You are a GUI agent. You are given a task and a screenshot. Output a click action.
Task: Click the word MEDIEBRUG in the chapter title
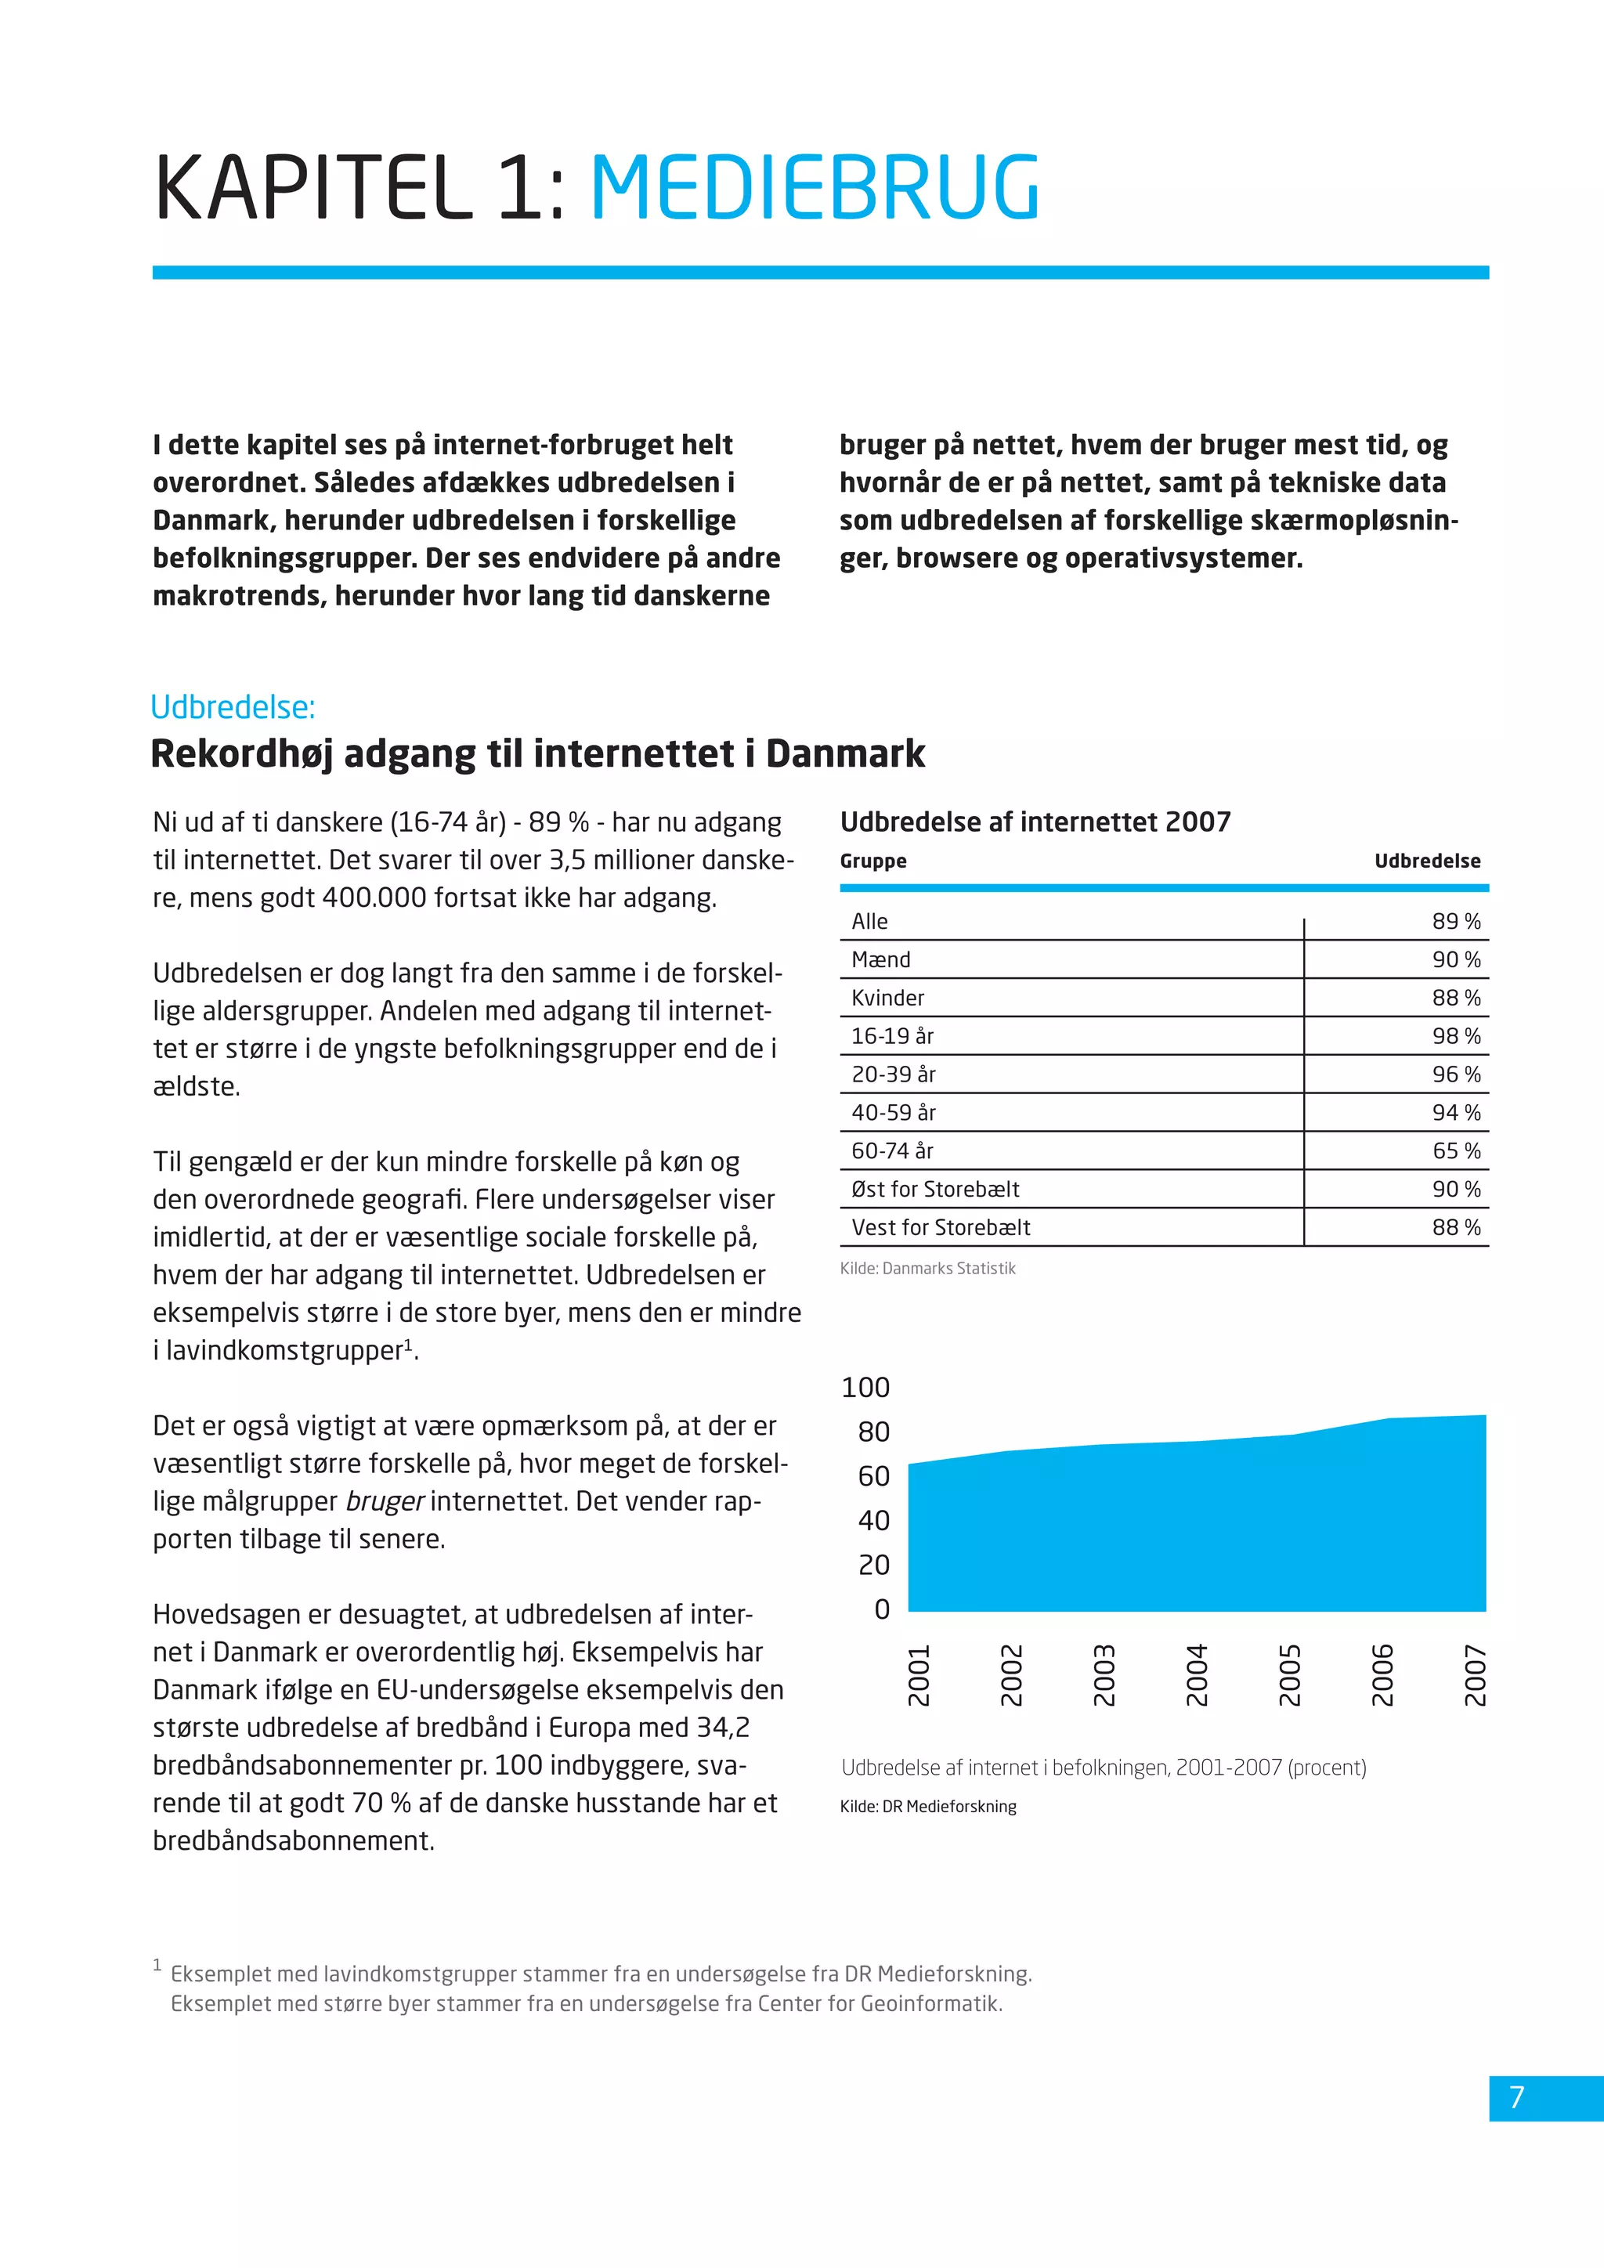pos(815,188)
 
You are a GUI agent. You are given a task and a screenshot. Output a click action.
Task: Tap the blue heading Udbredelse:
pos(233,707)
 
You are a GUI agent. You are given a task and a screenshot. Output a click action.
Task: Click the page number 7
pos(1517,2096)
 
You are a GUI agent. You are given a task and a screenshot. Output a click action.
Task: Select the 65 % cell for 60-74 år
pos(1456,1150)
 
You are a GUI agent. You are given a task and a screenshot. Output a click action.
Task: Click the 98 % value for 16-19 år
pos(1456,1036)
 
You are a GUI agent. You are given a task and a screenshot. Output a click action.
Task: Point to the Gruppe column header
pos(873,861)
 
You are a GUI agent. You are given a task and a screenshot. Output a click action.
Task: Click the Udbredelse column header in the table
pos(1427,861)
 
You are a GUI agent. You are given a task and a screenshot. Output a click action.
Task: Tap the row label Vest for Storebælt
pos(941,1228)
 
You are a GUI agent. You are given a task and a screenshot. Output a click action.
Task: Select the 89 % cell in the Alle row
pos(1456,922)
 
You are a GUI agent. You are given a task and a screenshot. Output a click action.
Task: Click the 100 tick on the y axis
pos(865,1388)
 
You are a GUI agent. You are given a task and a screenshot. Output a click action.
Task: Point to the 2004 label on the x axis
pos(1196,1675)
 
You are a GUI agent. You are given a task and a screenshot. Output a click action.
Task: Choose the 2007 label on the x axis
pos(1475,1675)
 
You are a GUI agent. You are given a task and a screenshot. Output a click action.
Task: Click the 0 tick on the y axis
pos(882,1609)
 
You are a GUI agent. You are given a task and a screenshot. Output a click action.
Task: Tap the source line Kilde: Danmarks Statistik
pos(927,1269)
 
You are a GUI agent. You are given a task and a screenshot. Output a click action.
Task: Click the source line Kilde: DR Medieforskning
pos(927,1807)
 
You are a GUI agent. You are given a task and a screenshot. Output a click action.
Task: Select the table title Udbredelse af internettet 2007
pos(1035,822)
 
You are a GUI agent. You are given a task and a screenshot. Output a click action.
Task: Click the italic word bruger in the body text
pos(385,1501)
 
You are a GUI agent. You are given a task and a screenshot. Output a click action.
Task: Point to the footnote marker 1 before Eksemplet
pos(157,1966)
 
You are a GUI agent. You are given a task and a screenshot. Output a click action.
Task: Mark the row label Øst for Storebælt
pos(935,1190)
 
